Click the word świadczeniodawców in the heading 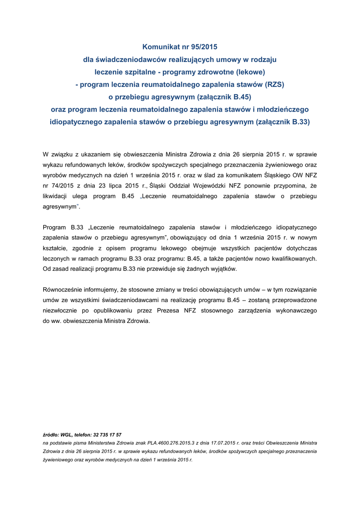129,60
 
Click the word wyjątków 224,269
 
